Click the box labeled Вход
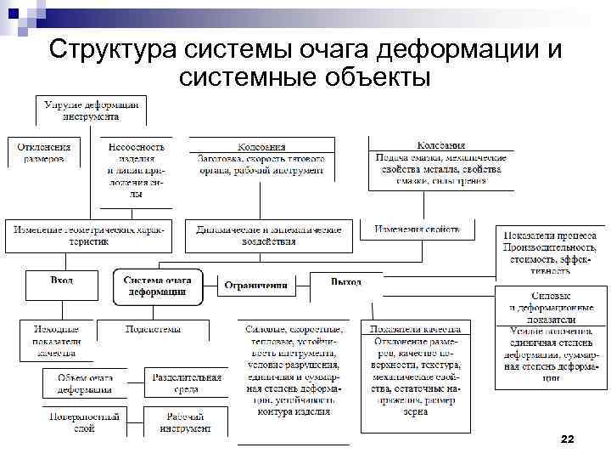62,280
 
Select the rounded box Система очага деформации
158,286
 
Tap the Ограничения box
255,286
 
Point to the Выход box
345,281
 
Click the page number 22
568,439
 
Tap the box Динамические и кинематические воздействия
269,235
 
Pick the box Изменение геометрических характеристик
88,235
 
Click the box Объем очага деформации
84,383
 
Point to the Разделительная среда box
187,383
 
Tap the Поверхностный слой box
84,422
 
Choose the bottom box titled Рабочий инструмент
187,422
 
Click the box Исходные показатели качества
56,339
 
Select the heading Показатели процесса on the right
552,235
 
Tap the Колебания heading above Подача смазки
441,145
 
